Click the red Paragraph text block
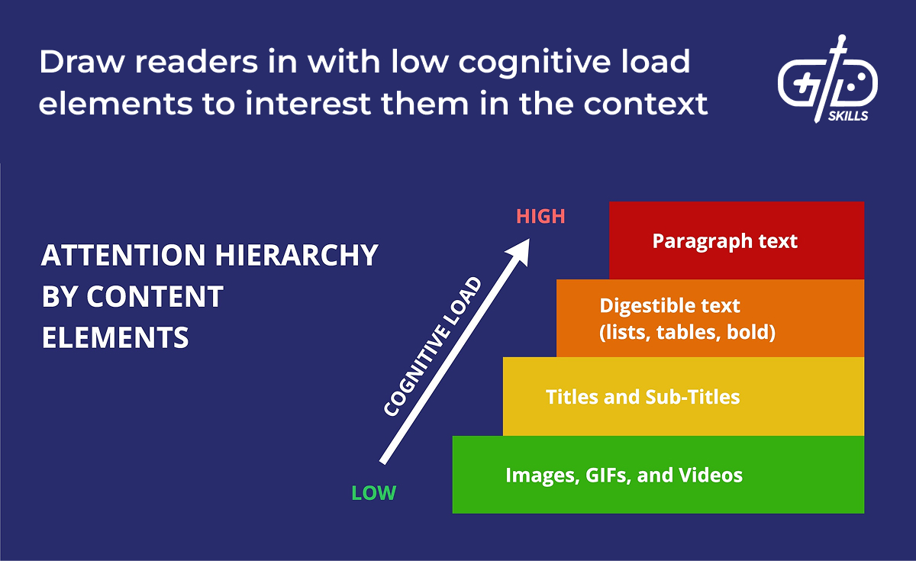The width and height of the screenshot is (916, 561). tap(737, 240)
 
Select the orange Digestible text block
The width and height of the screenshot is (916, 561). tap(710, 318)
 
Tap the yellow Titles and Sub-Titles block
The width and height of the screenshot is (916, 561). tap(683, 396)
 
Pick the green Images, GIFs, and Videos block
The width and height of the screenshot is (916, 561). tap(658, 475)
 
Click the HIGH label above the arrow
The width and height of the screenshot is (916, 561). tap(540, 216)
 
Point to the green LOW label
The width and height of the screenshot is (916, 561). tap(373, 493)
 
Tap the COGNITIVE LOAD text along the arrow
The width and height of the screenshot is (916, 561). tap(433, 347)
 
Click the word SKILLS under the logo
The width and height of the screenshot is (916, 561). tap(848, 117)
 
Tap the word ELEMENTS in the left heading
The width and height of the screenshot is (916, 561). tap(115, 337)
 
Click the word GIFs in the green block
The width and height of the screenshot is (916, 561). tap(603, 475)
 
